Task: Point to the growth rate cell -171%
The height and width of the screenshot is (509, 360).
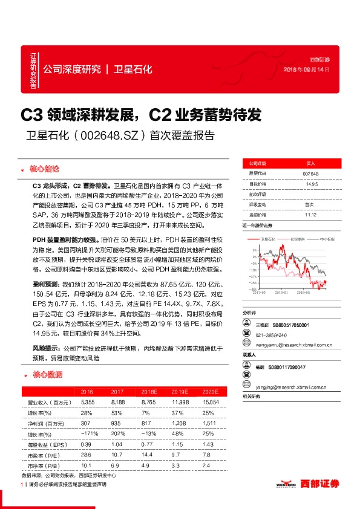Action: click(x=88, y=434)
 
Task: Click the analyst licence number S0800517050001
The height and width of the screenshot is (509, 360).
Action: click(x=292, y=325)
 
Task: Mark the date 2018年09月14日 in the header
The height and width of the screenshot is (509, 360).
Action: click(x=307, y=71)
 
